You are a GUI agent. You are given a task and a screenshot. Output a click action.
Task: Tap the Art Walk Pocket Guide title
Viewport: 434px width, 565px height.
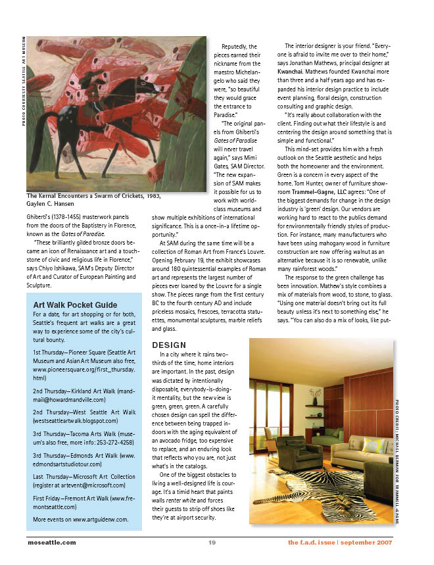[75, 305]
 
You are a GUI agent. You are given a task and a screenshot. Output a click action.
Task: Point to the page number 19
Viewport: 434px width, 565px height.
[212, 543]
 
